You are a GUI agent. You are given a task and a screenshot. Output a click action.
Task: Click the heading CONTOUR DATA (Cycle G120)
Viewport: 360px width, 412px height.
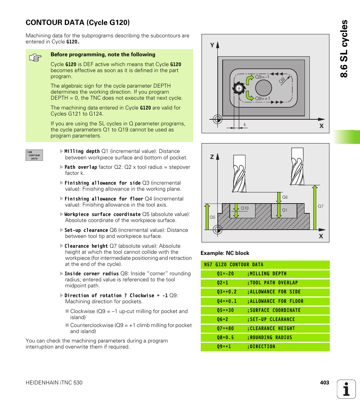tap(78, 23)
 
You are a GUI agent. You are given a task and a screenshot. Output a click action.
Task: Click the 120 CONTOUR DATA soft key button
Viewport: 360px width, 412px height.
tap(34, 155)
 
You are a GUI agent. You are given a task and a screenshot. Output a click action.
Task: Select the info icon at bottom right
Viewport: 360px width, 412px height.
tap(346, 389)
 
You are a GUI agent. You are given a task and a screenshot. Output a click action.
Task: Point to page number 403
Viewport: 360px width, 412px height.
tap(325, 383)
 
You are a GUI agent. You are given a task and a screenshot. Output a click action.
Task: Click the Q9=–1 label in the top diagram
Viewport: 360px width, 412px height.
tap(262, 77)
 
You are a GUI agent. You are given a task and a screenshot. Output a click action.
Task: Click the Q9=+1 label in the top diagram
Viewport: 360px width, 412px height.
tap(263, 98)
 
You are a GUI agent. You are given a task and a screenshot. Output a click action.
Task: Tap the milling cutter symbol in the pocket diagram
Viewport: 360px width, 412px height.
tap(238, 88)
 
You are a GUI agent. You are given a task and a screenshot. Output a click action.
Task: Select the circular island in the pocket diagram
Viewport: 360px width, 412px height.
tap(263, 88)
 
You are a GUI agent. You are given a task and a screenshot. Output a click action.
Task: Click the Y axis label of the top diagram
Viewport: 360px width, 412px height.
tap(212, 45)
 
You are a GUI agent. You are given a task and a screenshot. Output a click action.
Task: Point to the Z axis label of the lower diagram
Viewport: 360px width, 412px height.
tap(212, 156)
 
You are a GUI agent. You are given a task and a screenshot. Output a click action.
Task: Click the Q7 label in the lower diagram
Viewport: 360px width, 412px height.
tap(320, 206)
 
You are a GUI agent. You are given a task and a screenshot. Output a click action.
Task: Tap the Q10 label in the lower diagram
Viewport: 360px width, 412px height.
tap(245, 208)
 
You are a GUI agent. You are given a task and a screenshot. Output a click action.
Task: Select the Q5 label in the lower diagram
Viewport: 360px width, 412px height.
tap(212, 217)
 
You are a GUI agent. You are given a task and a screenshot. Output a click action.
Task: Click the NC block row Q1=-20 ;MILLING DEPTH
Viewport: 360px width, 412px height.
tap(265, 274)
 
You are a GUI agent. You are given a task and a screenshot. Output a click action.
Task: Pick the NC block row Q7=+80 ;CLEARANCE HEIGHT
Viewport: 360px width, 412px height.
tap(265, 329)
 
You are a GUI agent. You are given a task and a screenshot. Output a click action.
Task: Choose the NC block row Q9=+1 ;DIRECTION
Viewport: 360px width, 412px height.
tap(265, 347)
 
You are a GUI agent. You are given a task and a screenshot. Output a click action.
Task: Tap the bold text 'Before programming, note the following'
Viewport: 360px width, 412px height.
tap(103, 54)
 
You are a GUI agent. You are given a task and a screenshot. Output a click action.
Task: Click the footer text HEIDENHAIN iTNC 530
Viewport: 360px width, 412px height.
tap(54, 383)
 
